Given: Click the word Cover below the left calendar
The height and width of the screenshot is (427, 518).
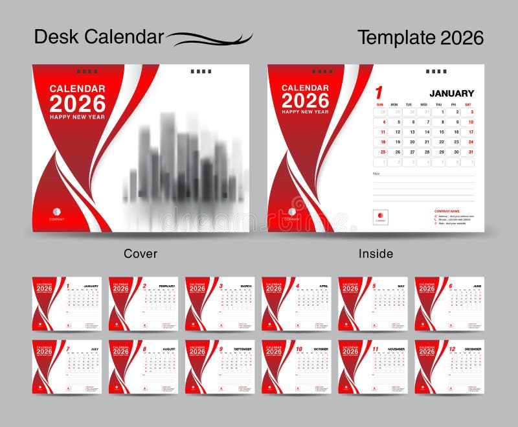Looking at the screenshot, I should click(x=141, y=253).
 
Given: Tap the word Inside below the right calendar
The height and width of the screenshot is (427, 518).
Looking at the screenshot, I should click(x=376, y=253).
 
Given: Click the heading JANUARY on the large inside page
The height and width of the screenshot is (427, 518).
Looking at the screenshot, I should click(x=451, y=93).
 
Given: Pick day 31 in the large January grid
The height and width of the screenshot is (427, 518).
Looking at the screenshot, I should click(x=471, y=152).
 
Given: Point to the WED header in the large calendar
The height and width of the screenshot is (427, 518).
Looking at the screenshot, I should click(x=423, y=104).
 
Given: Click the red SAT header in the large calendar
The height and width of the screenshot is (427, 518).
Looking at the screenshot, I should click(x=468, y=104).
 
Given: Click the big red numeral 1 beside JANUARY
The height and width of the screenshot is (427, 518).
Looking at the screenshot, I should click(x=379, y=93).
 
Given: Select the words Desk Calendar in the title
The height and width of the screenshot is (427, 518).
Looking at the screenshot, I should click(x=99, y=37).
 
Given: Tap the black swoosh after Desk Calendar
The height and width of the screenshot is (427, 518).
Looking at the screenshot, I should click(x=210, y=39).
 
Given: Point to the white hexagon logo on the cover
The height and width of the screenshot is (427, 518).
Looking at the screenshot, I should click(x=57, y=211).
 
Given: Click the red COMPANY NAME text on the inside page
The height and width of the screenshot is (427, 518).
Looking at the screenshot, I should click(x=447, y=211).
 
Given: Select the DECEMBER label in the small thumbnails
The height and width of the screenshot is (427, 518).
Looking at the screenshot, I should click(x=472, y=349).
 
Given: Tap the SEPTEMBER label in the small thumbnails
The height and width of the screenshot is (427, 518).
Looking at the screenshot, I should click(x=242, y=349).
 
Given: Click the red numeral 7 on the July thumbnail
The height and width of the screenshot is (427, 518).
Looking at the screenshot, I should click(x=68, y=349).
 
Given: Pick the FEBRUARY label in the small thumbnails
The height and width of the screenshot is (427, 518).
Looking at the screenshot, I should click(x=167, y=286).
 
